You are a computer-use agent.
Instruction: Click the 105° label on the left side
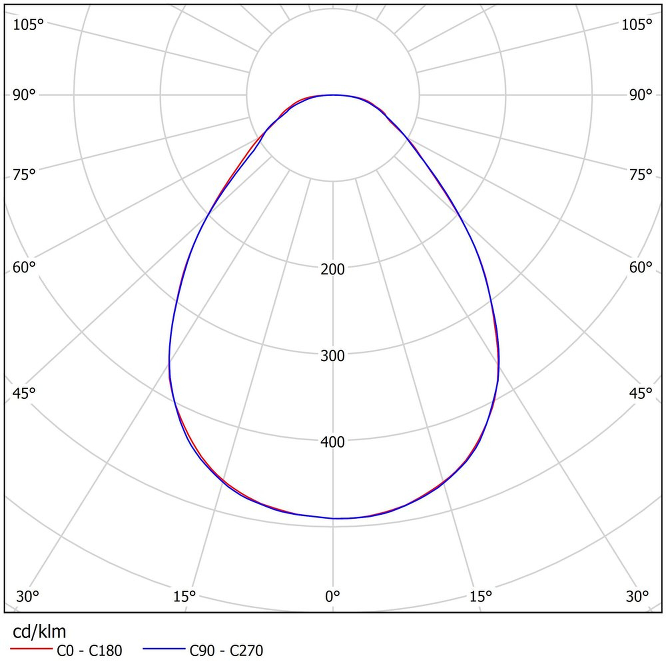(28, 25)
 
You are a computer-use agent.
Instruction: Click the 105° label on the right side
(637, 25)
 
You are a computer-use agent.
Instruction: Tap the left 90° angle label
(24, 95)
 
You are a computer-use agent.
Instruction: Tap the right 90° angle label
(641, 95)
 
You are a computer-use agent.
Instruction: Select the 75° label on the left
(24, 175)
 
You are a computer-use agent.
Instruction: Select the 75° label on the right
(641, 175)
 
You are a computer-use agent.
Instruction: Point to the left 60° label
(24, 267)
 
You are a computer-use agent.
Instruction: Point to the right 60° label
(641, 267)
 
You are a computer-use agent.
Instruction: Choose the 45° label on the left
(24, 393)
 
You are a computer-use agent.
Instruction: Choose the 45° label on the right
(641, 393)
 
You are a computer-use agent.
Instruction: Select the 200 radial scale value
(333, 270)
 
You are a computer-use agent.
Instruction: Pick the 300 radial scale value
(333, 356)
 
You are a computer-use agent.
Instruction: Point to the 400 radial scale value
(333, 442)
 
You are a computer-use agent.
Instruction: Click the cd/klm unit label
(39, 632)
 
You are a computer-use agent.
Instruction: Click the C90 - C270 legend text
(226, 651)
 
